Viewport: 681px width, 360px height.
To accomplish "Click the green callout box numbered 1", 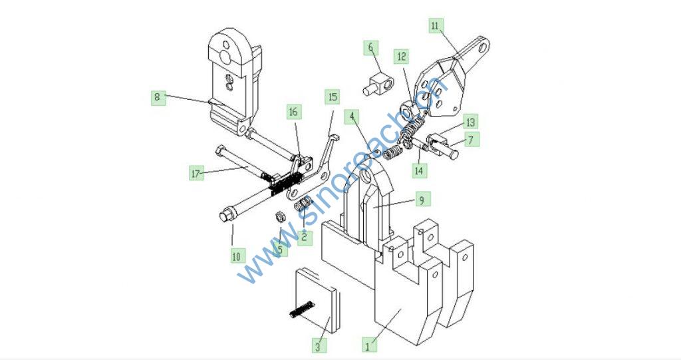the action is point(368,346).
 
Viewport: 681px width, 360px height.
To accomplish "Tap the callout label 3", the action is point(319,346).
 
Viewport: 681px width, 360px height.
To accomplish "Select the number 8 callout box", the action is point(158,97).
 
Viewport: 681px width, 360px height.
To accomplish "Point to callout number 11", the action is point(436,26).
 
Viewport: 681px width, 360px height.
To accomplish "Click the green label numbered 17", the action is point(196,174).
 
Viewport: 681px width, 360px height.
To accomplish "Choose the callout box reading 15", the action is point(333,97).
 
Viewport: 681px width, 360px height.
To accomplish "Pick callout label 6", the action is point(370,47).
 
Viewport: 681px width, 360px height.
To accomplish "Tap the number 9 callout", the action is point(421,200).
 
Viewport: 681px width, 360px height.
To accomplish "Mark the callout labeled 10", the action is point(236,256).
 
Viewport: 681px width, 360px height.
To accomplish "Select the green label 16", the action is point(293,112).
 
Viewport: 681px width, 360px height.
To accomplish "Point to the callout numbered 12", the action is point(402,56).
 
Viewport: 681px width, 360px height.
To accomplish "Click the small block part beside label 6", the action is point(378,85).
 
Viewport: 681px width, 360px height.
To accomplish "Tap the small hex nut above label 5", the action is point(280,216).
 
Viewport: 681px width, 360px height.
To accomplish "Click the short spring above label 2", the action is point(303,204).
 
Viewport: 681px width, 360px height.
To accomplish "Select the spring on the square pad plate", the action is point(302,309).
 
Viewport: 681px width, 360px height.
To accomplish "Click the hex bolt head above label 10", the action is point(226,216).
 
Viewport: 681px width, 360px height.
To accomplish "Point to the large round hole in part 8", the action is point(225,57).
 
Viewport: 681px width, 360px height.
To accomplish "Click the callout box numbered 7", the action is point(471,140).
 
